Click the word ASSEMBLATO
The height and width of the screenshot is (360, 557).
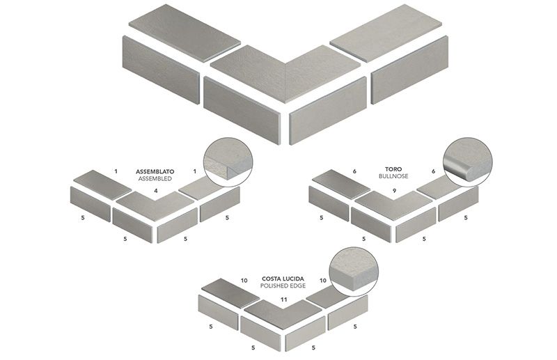[x=155, y=170]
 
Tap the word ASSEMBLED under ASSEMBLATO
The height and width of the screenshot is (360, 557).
[x=155, y=178]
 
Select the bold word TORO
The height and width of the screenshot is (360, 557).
[x=394, y=169]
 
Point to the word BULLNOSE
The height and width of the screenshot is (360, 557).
[x=394, y=178]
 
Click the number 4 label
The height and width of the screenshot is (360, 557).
[x=156, y=191]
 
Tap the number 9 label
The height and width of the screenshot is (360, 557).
[x=394, y=190]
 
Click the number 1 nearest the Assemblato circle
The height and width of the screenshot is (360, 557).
[x=194, y=171]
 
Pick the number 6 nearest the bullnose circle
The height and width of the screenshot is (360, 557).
[x=433, y=171]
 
